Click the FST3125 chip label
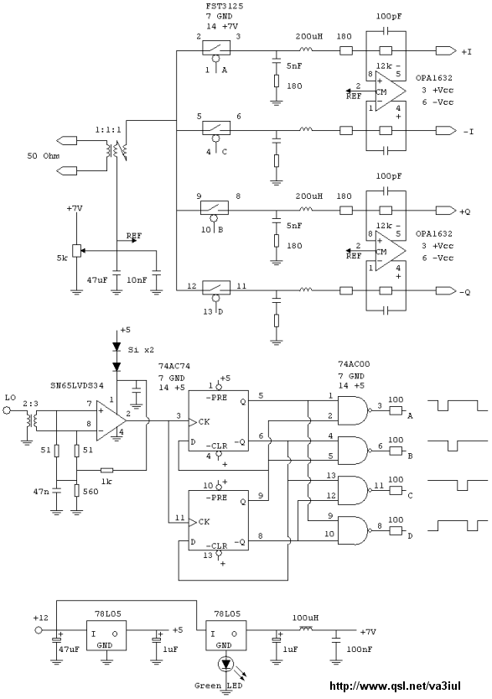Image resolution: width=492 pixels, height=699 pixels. click(x=224, y=7)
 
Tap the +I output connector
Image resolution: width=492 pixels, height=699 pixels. click(x=446, y=51)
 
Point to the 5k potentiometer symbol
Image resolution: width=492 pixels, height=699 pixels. click(x=77, y=251)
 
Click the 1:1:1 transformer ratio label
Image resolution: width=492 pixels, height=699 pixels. click(x=108, y=129)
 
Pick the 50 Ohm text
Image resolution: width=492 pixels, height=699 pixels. click(x=44, y=156)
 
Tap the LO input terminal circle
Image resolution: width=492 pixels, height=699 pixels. click(x=7, y=410)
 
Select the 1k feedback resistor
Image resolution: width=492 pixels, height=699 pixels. click(x=106, y=470)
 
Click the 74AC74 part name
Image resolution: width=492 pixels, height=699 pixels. click(x=174, y=366)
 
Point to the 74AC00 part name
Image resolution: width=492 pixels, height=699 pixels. click(x=354, y=364)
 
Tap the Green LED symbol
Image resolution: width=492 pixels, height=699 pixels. click(x=225, y=665)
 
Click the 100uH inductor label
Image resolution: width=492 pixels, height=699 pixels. click(x=305, y=618)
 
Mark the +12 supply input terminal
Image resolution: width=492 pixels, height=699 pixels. click(x=39, y=631)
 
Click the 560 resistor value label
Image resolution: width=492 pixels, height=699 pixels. click(x=91, y=491)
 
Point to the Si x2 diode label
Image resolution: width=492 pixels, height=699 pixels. click(x=141, y=349)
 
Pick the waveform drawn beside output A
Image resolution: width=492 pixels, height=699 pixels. click(x=457, y=405)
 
